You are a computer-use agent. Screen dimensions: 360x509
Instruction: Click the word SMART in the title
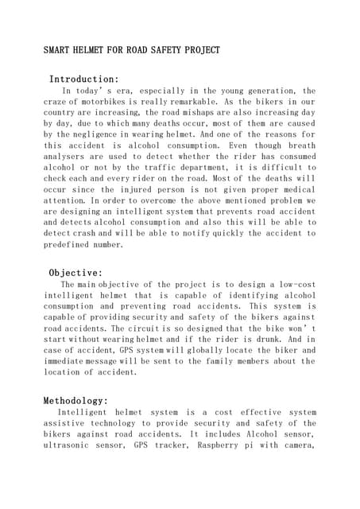[x=59, y=50]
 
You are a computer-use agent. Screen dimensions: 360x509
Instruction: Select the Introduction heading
[x=84, y=80]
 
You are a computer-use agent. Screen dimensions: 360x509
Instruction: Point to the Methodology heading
[x=75, y=401]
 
